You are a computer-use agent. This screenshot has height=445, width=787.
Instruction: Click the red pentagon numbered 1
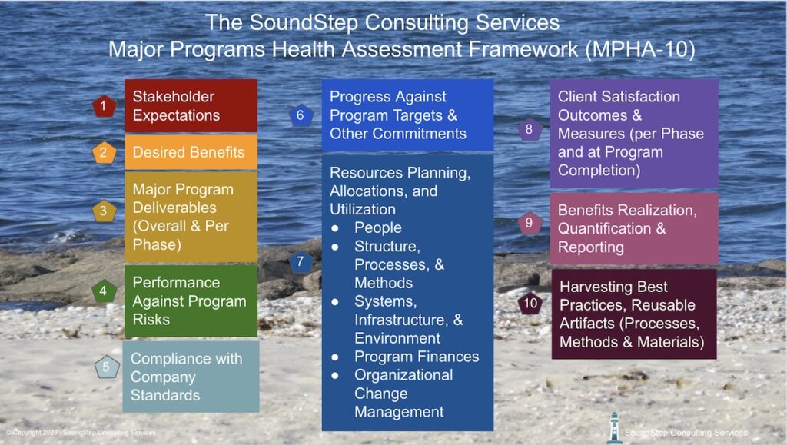104,106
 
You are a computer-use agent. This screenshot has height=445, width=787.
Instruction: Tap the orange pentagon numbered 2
104,152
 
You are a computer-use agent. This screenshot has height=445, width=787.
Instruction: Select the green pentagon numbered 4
104,291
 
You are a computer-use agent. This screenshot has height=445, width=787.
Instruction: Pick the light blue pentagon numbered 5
106,367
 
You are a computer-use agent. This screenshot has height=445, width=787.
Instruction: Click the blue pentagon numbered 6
301,116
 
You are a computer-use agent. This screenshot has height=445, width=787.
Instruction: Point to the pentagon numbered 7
301,262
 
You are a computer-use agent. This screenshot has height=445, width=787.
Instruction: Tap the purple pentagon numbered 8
529,130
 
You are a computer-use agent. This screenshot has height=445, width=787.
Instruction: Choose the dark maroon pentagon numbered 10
529,303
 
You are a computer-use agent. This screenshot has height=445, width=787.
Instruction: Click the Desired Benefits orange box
190,152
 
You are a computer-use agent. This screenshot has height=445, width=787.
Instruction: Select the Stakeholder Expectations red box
190,106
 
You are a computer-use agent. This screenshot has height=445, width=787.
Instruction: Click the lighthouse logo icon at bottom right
613,427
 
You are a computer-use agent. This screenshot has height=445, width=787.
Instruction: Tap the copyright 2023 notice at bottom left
81,433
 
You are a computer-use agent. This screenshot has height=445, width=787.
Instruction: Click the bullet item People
377,227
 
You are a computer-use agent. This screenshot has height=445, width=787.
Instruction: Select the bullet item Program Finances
416,357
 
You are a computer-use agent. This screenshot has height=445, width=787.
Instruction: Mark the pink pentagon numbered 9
529,224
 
